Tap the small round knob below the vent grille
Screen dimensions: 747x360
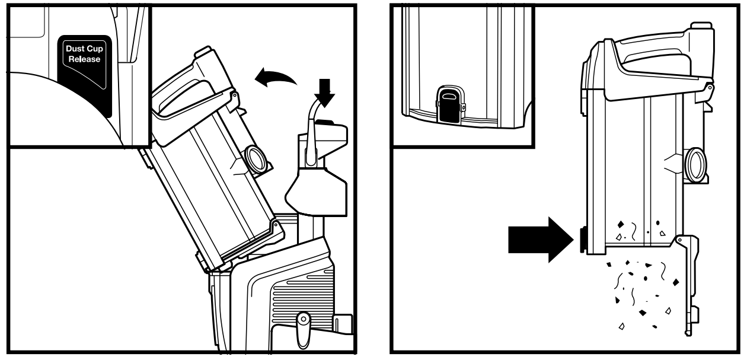[x=303, y=319]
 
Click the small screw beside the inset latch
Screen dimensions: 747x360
[x=464, y=107]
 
